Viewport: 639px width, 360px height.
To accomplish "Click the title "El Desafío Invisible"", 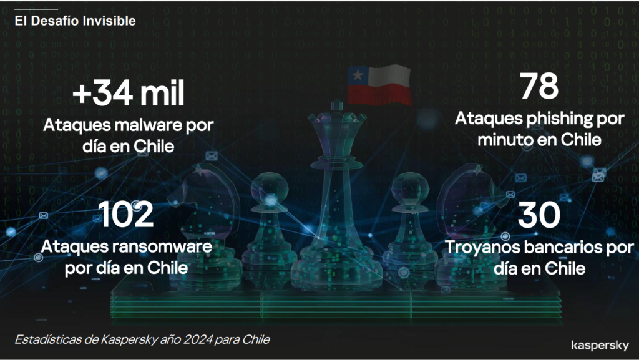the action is coord(75,21).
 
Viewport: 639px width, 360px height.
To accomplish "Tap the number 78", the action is coord(539,86).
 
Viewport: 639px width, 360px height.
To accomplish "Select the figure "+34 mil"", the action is coord(129,93).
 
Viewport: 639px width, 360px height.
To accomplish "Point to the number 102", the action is coord(126,214).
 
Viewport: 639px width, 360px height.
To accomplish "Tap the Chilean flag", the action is coord(379,85).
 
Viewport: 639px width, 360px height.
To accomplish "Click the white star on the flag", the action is coord(358,75).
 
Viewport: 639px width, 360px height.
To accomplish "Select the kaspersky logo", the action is coord(600,346).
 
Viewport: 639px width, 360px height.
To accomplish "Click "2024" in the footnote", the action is coord(198,339).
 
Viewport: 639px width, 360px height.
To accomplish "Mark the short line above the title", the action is coord(36,9).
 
